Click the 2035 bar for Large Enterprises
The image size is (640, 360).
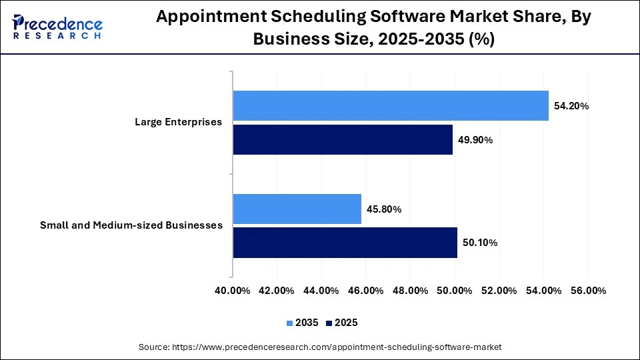391,105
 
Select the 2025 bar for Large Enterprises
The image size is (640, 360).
343,139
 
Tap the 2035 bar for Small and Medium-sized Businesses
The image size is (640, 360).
297,209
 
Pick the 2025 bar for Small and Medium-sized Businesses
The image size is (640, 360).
345,243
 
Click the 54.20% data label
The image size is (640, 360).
571,106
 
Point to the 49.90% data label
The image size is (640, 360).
475,140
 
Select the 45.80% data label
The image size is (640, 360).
384,209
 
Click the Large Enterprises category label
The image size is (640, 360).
178,122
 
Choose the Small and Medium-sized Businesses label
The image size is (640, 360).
131,225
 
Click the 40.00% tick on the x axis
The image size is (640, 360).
232,291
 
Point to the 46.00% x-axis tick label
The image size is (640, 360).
365,291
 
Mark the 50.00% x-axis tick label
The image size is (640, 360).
455,291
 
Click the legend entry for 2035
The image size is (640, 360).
301,323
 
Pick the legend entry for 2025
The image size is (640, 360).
341,323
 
